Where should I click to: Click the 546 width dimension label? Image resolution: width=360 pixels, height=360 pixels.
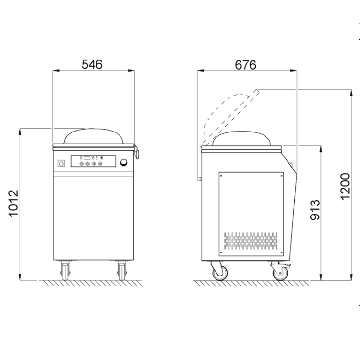click(x=92, y=64)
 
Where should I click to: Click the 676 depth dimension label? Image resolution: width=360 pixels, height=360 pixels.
click(x=245, y=65)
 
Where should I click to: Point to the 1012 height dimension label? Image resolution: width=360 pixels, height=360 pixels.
click(x=13, y=203)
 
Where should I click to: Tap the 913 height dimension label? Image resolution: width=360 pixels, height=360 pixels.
click(x=315, y=210)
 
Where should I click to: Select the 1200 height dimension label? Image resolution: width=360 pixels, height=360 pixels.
click(x=345, y=186)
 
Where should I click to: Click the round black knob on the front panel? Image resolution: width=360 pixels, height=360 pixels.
click(x=124, y=162)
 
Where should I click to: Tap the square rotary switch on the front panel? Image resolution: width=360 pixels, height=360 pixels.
click(x=61, y=163)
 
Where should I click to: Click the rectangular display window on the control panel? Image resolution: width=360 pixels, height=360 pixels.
click(x=87, y=158)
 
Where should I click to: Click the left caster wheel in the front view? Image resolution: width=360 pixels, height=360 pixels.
click(x=65, y=271)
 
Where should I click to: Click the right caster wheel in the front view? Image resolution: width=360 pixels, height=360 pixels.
click(x=122, y=271)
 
